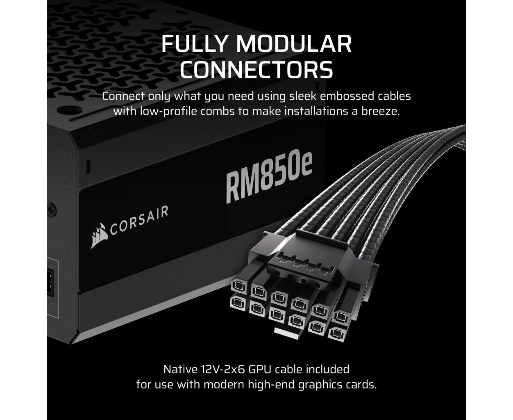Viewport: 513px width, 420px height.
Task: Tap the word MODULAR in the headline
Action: point(294,44)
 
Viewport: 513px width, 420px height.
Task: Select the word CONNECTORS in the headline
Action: point(256,70)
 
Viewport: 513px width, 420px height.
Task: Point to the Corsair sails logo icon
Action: point(99,235)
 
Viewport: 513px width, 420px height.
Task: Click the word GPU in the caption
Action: point(259,370)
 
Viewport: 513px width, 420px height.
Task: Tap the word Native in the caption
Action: point(181,370)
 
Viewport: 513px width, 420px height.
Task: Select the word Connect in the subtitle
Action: point(123,96)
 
